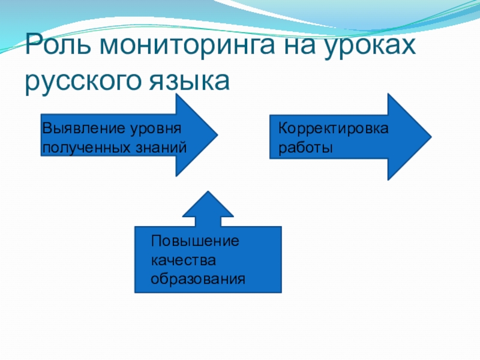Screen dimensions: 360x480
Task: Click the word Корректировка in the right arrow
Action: click(x=334, y=129)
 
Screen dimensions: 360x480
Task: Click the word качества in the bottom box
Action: click(x=183, y=260)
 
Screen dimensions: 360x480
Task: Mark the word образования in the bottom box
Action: click(x=198, y=279)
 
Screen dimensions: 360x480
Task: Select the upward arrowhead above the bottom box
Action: click(x=208, y=207)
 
